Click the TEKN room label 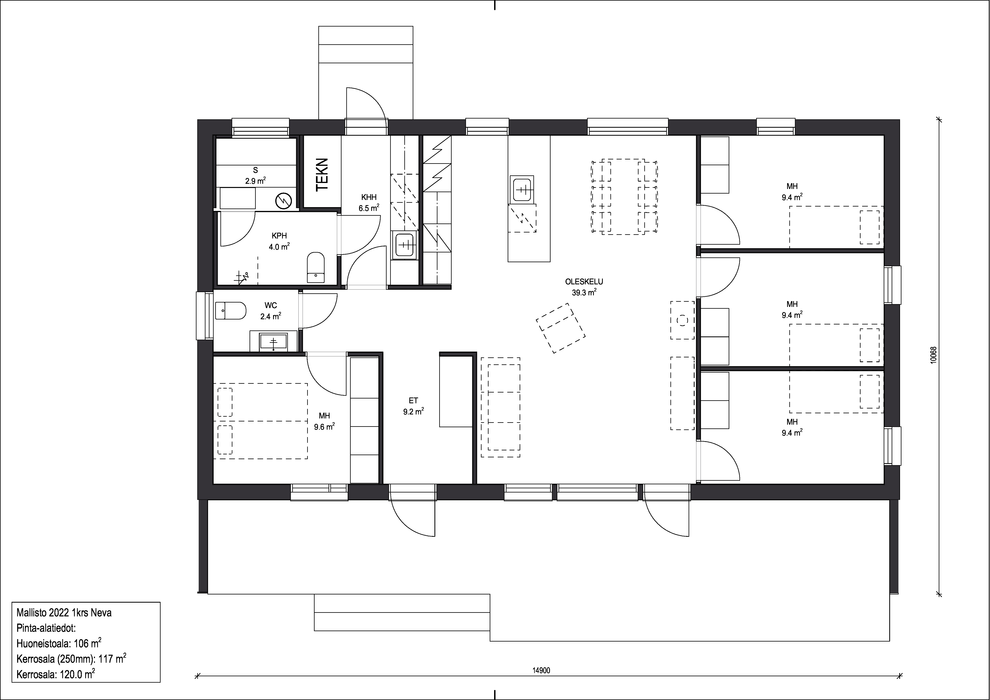[x=322, y=175]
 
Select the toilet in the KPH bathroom [x=316, y=267]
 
